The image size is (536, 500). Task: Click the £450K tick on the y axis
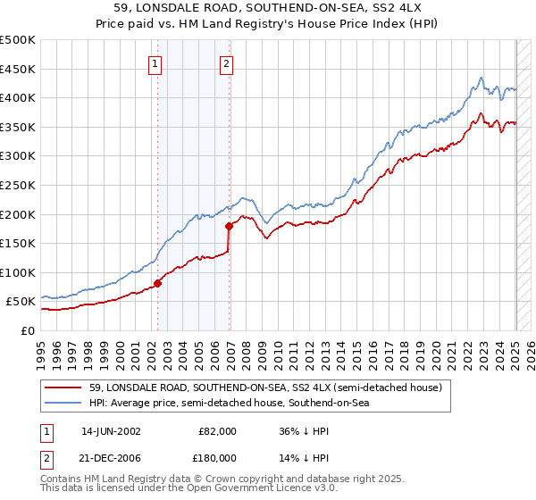(19, 69)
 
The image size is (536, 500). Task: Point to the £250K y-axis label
(19, 185)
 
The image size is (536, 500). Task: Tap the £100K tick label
(19, 272)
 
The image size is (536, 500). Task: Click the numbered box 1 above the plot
(155, 63)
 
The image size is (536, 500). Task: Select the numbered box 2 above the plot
(227, 63)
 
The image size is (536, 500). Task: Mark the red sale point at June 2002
(158, 283)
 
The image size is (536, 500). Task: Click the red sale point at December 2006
(230, 226)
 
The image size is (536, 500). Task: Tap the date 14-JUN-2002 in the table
(111, 430)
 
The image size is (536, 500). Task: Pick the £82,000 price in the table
(218, 430)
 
